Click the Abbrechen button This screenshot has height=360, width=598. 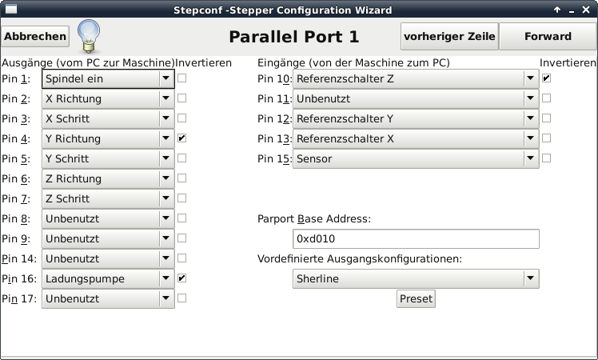[x=35, y=37]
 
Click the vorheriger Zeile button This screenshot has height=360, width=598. [x=449, y=37]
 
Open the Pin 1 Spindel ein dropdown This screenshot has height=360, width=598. [x=108, y=78]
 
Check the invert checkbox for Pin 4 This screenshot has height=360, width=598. [x=182, y=138]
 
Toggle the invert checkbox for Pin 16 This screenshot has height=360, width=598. [x=182, y=278]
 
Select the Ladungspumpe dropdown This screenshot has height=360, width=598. [x=108, y=278]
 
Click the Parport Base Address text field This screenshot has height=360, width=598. [x=417, y=238]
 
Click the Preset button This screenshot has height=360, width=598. [x=416, y=298]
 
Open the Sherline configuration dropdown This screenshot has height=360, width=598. [x=417, y=278]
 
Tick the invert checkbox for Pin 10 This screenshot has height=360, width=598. [x=547, y=78]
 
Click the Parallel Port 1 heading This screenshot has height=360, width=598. [x=293, y=37]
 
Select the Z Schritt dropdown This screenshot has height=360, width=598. [x=108, y=198]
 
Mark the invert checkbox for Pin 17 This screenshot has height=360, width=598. [x=182, y=298]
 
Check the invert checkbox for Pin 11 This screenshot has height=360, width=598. [x=547, y=98]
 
